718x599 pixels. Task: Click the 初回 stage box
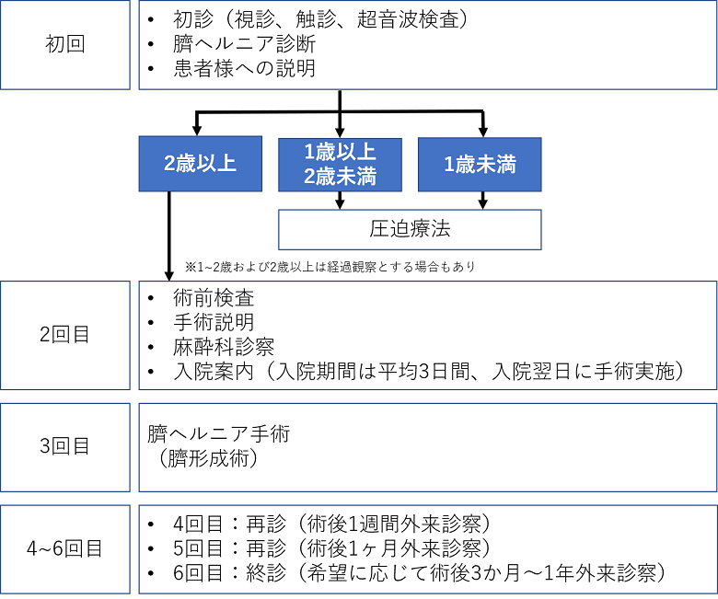pyautogui.click(x=65, y=45)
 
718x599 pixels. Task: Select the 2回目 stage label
pyautogui.click(x=65, y=335)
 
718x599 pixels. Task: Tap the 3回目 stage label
pyautogui.click(x=65, y=447)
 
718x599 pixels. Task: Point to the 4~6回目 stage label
pyautogui.click(x=65, y=548)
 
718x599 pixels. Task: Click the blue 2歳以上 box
pyautogui.click(x=201, y=164)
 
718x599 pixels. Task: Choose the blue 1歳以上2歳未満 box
pyautogui.click(x=341, y=165)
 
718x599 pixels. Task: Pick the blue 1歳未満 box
pyautogui.click(x=480, y=165)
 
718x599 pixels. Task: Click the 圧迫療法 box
pyautogui.click(x=410, y=229)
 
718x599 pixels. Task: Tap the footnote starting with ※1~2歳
pyautogui.click(x=330, y=267)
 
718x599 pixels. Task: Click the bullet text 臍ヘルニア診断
pyautogui.click(x=245, y=44)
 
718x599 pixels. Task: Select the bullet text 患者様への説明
pyautogui.click(x=245, y=68)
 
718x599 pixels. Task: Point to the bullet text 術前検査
pyautogui.click(x=214, y=298)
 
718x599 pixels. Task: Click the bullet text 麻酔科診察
pyautogui.click(x=224, y=347)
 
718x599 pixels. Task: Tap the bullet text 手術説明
pyautogui.click(x=214, y=323)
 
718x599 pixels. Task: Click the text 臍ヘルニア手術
pyautogui.click(x=219, y=433)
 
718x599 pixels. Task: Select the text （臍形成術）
pyautogui.click(x=209, y=458)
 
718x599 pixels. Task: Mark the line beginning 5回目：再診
pyautogui.click(x=331, y=548)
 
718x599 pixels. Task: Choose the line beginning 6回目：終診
pyautogui.click(x=419, y=573)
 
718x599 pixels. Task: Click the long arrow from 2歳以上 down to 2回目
pyautogui.click(x=169, y=236)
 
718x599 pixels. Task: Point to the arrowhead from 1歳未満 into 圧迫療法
pyautogui.click(x=482, y=204)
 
